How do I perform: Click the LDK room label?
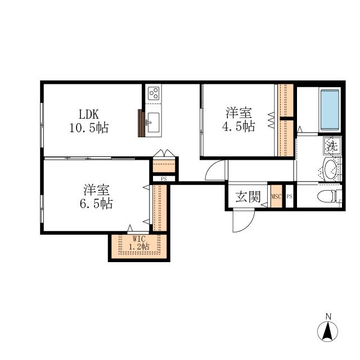pyautogui.click(x=89, y=114)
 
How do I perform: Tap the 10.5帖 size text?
pyautogui.click(x=89, y=128)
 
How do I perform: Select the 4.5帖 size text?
pyautogui.click(x=238, y=126)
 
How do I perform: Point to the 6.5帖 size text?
pyautogui.click(x=96, y=204)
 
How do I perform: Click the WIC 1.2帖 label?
pyautogui.click(x=139, y=243)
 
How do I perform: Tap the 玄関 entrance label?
pyautogui.click(x=248, y=197)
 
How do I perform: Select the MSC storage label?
pyautogui.click(x=276, y=196)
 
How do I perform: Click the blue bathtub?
pyautogui.click(x=330, y=110)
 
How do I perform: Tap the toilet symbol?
pyautogui.click(x=330, y=196)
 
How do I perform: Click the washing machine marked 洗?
pyautogui.click(x=332, y=146)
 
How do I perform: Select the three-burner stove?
pyautogui.click(x=154, y=93)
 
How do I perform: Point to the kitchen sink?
pyautogui.click(x=153, y=123)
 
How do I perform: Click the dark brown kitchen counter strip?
pyautogui.click(x=141, y=123)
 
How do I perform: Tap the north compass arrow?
pyautogui.click(x=327, y=331)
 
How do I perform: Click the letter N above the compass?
pyautogui.click(x=328, y=317)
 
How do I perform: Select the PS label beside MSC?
pyautogui.click(x=290, y=196)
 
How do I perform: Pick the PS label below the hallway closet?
pyautogui.click(x=164, y=179)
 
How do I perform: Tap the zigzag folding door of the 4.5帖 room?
pyautogui.click(x=271, y=120)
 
